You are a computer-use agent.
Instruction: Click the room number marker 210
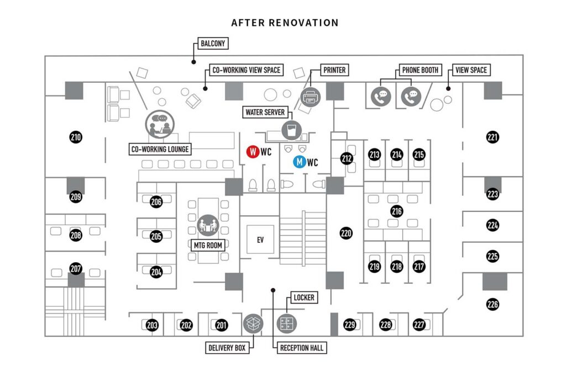[76, 136]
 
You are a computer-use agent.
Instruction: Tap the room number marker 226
[492, 303]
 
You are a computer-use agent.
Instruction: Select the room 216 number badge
[396, 211]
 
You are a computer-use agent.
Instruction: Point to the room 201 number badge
[222, 325]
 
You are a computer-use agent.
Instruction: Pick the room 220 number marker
[346, 233]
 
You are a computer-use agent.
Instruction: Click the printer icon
[311, 97]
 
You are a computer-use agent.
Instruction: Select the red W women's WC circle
[253, 151]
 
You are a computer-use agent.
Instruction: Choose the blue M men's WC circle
[299, 162]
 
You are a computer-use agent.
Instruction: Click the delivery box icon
[253, 324]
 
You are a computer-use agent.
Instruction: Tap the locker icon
[286, 324]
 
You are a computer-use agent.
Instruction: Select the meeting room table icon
[208, 225]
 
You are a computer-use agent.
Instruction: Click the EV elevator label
[260, 240]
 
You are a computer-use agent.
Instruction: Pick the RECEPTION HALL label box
[301, 348]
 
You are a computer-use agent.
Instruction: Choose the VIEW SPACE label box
[471, 70]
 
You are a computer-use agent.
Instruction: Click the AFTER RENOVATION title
[285, 23]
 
